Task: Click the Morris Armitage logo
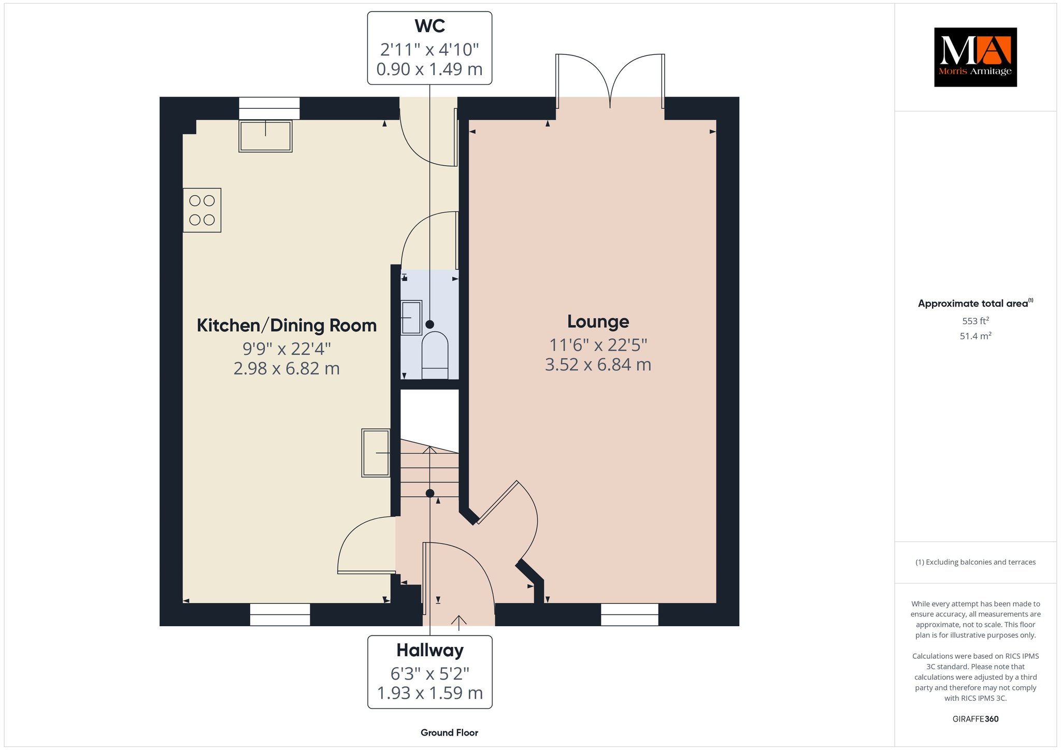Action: click(975, 57)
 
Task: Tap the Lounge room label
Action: click(598, 322)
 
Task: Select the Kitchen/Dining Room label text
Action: click(286, 326)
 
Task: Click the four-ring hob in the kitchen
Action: click(202, 210)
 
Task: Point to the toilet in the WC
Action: click(435, 355)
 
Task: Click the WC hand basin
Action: click(411, 318)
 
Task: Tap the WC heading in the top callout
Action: click(429, 26)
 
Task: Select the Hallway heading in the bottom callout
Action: click(430, 650)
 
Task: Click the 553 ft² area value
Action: click(976, 321)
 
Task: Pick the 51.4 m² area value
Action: click(976, 336)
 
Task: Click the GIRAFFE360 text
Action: click(976, 719)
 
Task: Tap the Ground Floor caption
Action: click(449, 732)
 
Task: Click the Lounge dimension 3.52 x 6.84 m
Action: click(598, 365)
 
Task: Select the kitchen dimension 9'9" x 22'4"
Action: click(286, 349)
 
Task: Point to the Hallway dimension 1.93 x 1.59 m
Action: click(430, 693)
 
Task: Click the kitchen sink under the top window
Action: click(265, 136)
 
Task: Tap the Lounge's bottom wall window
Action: click(629, 614)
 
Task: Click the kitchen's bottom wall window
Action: click(280, 614)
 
